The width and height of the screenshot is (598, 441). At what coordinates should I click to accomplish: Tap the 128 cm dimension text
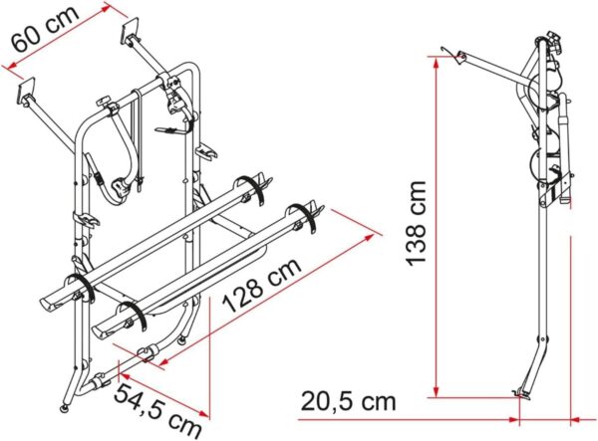pyautogui.click(x=262, y=285)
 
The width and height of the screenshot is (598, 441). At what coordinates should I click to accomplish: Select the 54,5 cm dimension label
pyautogui.click(x=157, y=410)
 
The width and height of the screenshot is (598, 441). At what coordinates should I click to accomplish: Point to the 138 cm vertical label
pyautogui.click(x=416, y=223)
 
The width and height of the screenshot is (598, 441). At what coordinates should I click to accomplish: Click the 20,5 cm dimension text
pyautogui.click(x=349, y=401)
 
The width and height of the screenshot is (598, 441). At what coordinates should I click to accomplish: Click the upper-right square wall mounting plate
pyautogui.click(x=130, y=31)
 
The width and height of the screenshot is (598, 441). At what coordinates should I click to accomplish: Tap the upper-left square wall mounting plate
pyautogui.click(x=27, y=92)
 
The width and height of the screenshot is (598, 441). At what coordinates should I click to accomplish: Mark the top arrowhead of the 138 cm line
pyautogui.click(x=436, y=62)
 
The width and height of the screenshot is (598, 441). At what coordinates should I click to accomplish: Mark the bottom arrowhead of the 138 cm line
pyautogui.click(x=436, y=391)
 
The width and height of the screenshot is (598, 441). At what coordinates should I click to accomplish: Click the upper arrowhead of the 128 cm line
pyautogui.click(x=368, y=238)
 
